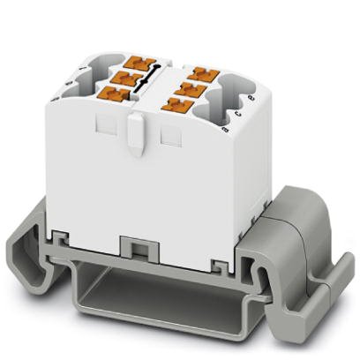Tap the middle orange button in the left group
pyautogui.click(x=126, y=79)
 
